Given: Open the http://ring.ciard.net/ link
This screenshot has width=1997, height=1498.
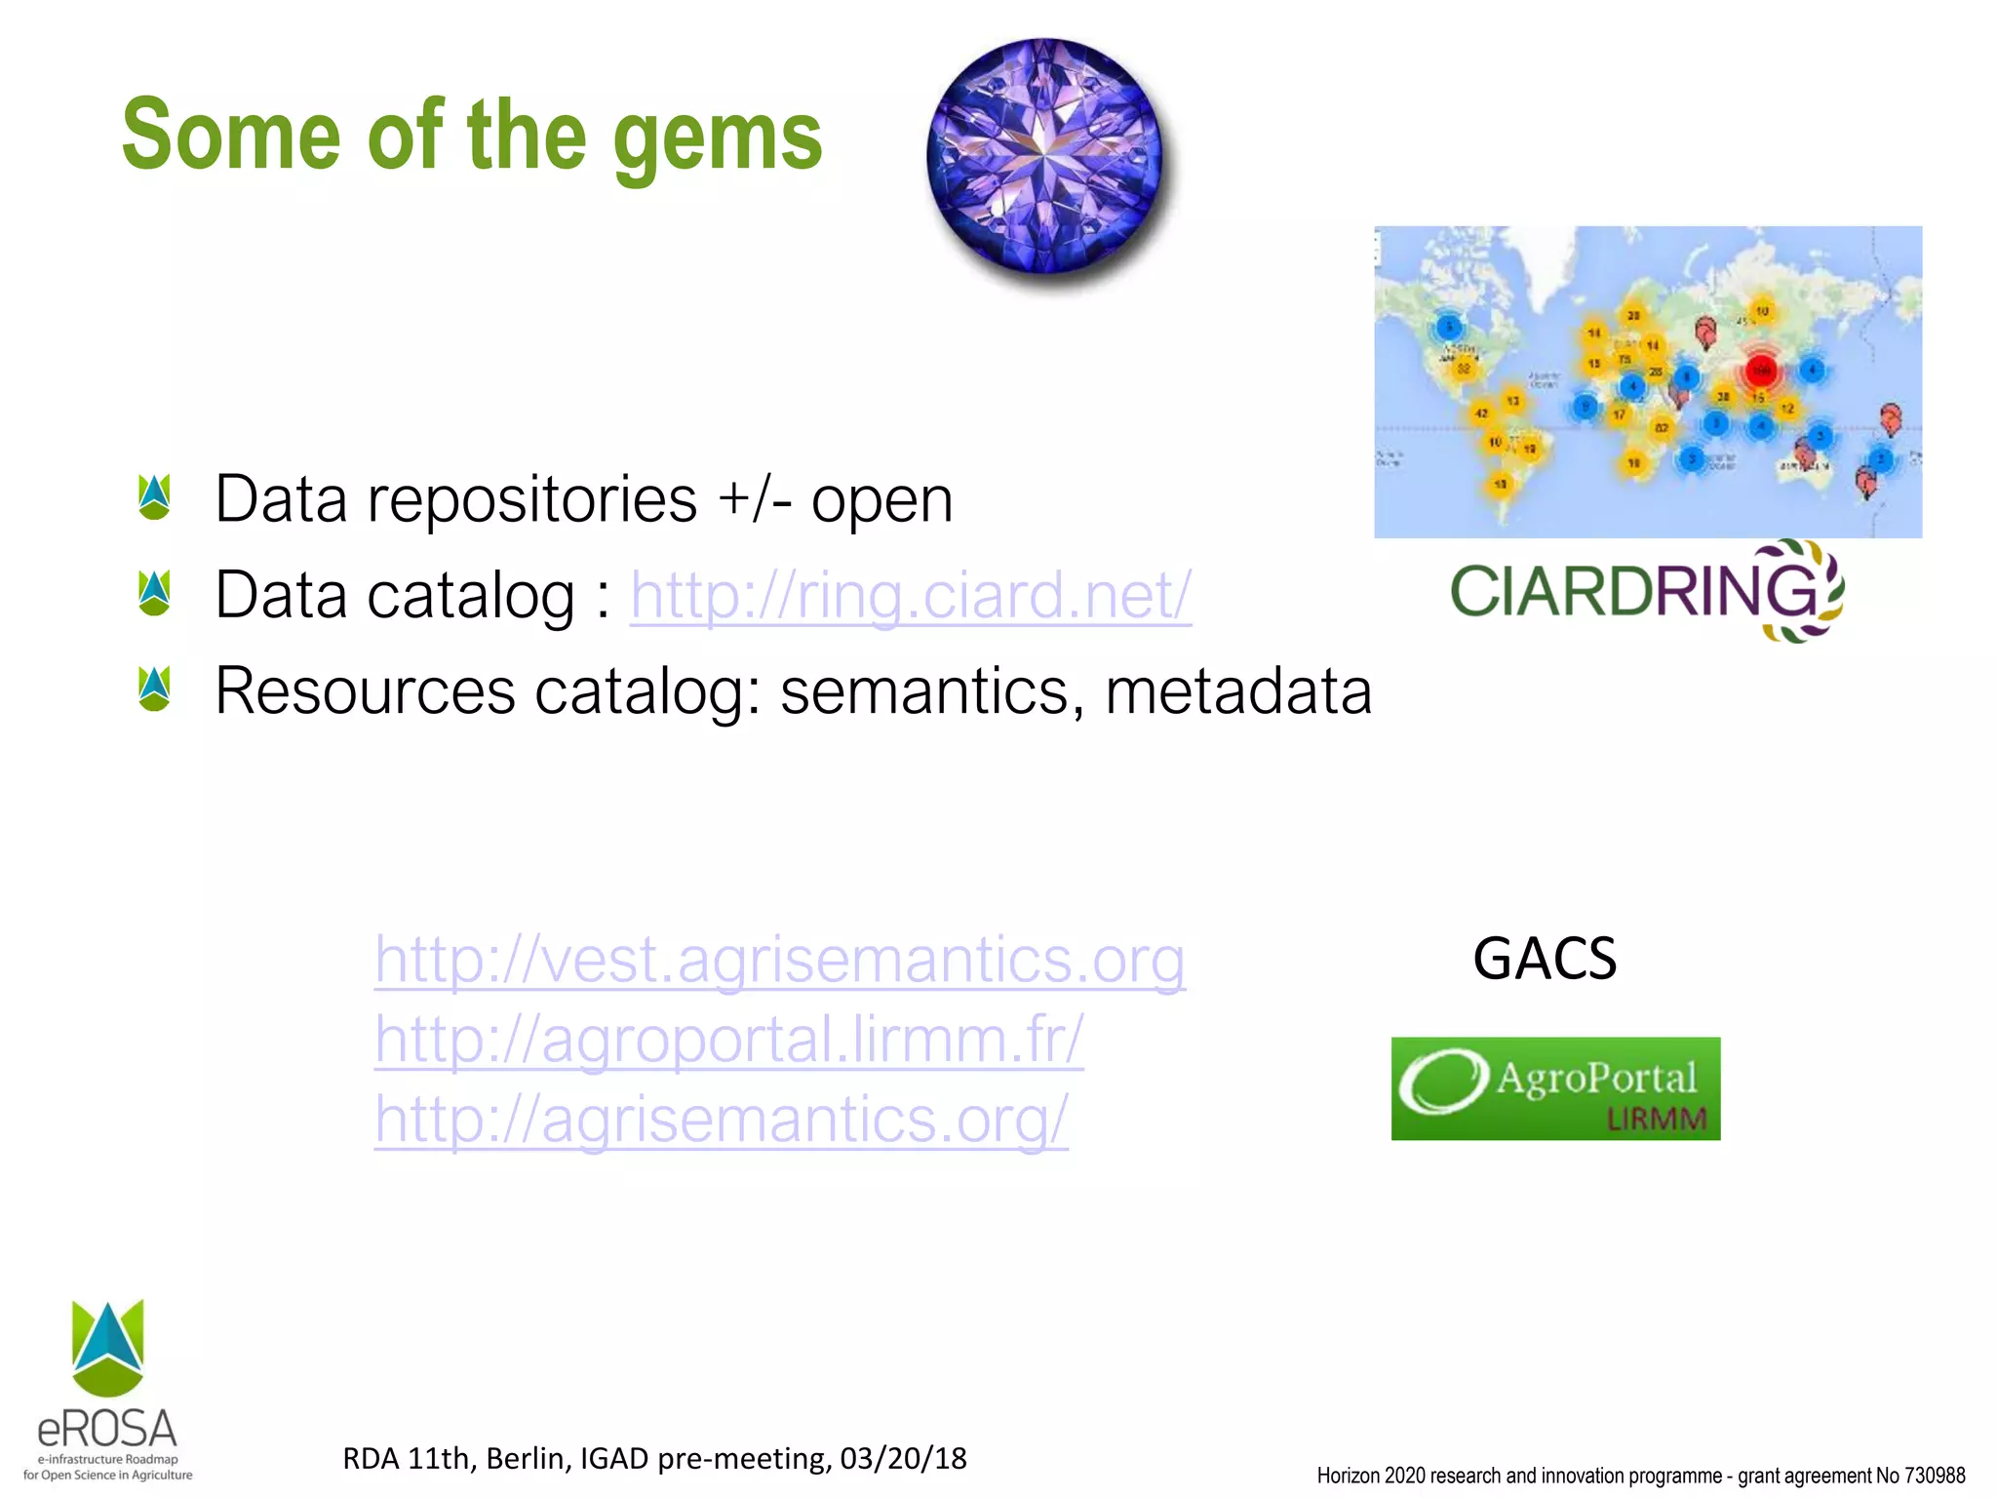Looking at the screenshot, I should click(910, 595).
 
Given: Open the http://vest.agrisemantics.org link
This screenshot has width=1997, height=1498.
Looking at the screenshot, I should click(779, 960).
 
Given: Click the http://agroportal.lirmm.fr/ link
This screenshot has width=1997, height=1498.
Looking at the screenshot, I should click(728, 1040).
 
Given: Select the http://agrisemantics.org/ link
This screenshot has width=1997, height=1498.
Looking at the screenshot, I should click(722, 1120).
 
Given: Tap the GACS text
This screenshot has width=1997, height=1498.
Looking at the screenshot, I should click(1544, 959).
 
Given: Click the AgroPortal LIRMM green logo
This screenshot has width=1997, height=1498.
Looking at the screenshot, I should click(1555, 1088).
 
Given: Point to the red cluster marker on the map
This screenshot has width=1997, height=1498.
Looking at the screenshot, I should click(1761, 371).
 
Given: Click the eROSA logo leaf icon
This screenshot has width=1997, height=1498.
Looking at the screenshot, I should click(107, 1348).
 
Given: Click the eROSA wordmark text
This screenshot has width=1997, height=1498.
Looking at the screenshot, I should click(107, 1430).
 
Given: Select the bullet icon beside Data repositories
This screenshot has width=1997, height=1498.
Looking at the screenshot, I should click(154, 497).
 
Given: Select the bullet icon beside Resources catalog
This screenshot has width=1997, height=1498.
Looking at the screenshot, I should click(154, 689).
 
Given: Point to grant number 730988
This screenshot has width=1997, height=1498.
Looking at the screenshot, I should click(1935, 1476).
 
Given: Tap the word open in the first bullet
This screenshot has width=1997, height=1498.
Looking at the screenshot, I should click(881, 499).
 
